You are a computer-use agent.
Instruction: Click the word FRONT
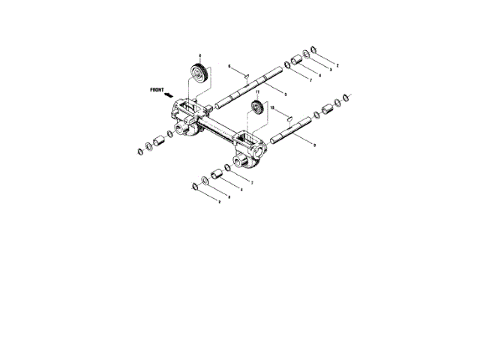[x=157, y=90]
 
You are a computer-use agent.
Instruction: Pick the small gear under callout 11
[x=257, y=108]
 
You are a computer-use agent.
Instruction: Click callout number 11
[x=257, y=91]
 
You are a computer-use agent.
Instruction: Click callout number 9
[x=313, y=144]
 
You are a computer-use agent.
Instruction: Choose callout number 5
[x=285, y=93]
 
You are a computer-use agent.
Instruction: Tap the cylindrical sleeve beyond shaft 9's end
[x=328, y=110]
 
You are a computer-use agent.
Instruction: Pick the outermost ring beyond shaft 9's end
[x=347, y=97]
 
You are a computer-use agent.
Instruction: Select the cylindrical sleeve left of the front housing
[x=158, y=141]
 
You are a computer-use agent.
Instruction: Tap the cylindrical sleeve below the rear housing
[x=217, y=174]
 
